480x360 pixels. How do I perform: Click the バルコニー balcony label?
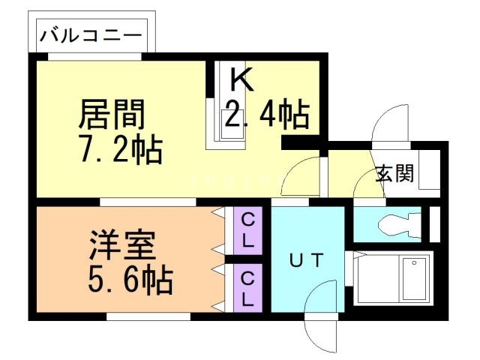pos(91,34)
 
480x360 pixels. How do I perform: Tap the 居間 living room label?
pos(112,116)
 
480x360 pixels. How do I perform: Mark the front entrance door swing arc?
pos(389,124)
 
